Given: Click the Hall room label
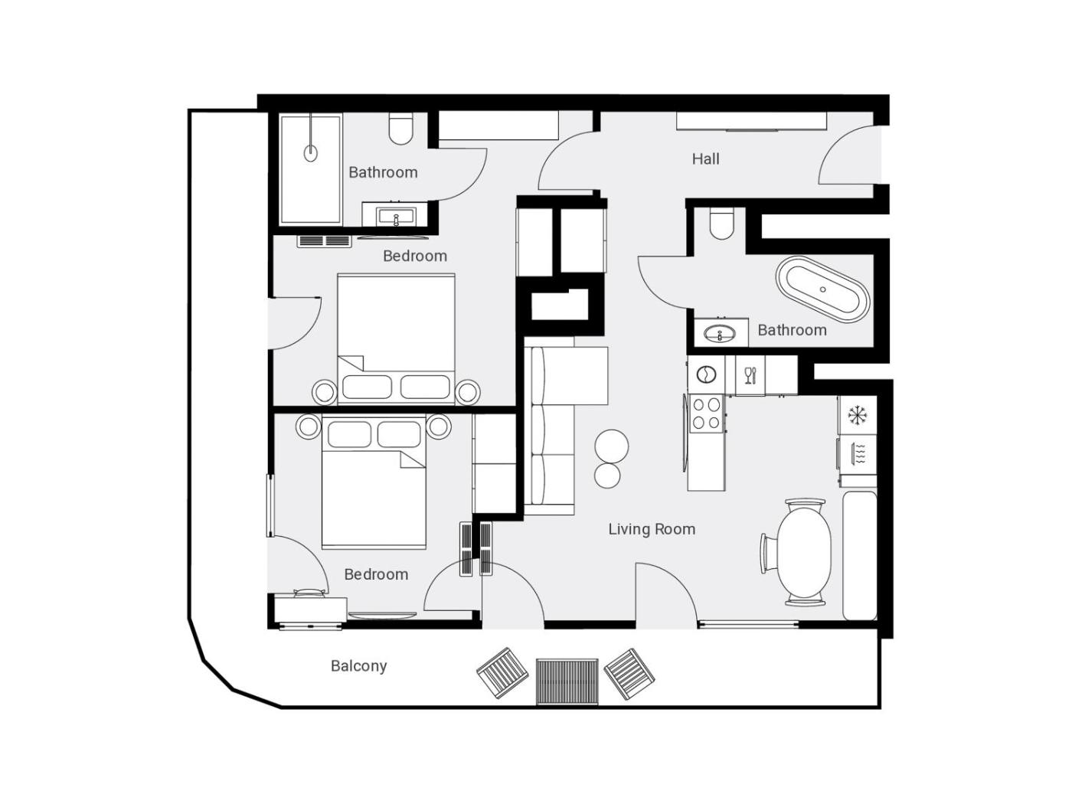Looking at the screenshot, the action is click(x=705, y=159).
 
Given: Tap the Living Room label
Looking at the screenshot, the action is click(x=652, y=529).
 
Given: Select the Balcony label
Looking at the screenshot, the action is click(x=358, y=666).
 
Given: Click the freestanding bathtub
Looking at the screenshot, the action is click(x=822, y=289).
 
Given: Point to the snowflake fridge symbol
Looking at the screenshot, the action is click(x=857, y=415).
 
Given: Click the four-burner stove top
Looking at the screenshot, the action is click(x=707, y=413).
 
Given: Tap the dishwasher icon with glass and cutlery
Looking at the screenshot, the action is click(x=750, y=375).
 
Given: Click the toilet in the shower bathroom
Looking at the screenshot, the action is click(x=400, y=129).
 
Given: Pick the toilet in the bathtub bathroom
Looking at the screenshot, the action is click(x=721, y=224).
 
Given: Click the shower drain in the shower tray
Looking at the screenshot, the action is click(x=310, y=153).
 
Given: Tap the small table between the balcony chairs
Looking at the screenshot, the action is click(x=567, y=681).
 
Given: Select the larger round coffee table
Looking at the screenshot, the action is click(x=611, y=446).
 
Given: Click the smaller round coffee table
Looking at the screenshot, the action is click(x=607, y=475).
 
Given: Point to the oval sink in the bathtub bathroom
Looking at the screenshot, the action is click(x=720, y=334).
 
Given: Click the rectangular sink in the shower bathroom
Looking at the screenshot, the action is click(x=396, y=216).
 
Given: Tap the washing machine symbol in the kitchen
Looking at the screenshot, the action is click(x=705, y=374).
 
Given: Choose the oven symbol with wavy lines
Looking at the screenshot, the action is click(x=858, y=453).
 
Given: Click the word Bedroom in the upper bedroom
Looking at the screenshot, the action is click(x=415, y=257).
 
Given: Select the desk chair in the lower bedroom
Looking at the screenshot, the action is click(x=309, y=593).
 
